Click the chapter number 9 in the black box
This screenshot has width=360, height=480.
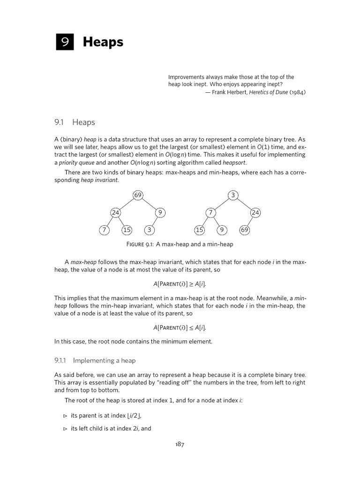click(64, 42)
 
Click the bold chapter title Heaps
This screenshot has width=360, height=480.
click(103, 42)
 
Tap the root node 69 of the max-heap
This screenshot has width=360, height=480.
click(138, 195)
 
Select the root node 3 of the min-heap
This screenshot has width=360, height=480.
click(233, 195)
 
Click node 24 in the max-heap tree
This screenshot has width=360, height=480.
click(115, 213)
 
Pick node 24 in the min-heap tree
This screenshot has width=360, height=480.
click(255, 213)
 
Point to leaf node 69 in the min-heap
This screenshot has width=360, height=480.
click(244, 230)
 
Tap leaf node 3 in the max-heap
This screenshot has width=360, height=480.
click(149, 230)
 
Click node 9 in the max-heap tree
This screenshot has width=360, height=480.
click(160, 213)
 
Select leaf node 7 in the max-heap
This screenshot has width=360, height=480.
click(104, 230)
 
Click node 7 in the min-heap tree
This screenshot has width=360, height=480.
click(210, 213)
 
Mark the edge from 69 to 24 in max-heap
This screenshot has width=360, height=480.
click(127, 204)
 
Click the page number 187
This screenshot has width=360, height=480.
click(180, 444)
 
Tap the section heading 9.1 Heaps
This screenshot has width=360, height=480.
click(75, 122)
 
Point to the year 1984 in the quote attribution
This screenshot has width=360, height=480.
click(297, 92)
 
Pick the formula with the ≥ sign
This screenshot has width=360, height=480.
click(180, 284)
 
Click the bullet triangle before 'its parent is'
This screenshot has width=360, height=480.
click(65, 416)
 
